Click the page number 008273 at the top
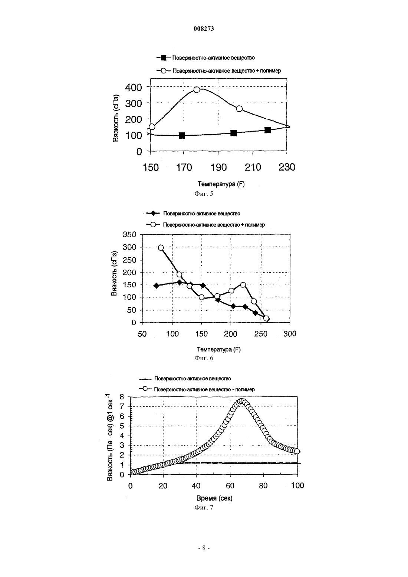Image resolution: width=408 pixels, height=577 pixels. coord(204,29)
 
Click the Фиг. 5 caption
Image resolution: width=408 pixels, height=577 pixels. coord(204,194)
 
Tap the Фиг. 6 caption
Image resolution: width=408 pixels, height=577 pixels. coord(204,358)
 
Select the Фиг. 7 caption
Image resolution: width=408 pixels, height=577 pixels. coord(204,507)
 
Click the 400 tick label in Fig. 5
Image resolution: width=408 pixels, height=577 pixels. coord(134,88)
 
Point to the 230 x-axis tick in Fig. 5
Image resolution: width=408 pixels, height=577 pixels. coord(287,168)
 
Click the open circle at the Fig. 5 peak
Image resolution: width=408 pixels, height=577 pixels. coord(197,90)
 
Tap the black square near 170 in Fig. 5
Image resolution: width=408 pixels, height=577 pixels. coord(182,135)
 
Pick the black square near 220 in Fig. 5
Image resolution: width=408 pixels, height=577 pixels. coord(268,130)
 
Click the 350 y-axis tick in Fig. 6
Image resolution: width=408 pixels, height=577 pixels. coord(129,235)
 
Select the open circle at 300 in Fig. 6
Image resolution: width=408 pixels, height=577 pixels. coord(161,248)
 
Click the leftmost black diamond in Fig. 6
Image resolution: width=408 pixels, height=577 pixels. coord(157,286)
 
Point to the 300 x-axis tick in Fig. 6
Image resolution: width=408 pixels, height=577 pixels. coord(290,334)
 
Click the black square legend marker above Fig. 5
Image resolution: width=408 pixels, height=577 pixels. coord(163,58)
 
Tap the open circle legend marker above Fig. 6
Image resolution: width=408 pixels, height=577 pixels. coord(153,225)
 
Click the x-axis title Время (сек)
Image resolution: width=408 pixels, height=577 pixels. coord(214,498)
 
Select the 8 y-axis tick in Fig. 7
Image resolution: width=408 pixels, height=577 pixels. coord(122,396)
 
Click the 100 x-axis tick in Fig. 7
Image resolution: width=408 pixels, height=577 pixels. coord(297,485)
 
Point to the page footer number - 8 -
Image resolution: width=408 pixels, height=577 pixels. coord(204,548)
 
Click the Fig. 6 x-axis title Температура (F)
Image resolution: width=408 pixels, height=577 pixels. coord(219,349)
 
